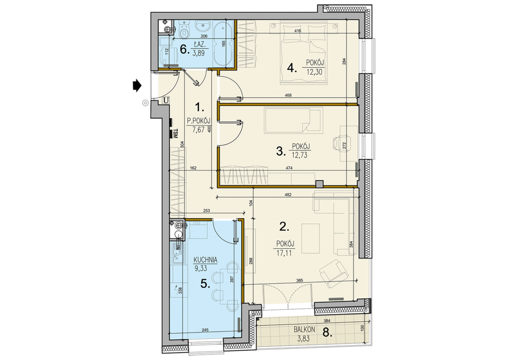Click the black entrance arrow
pyautogui.click(x=137, y=86)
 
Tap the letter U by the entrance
pyautogui.click(x=166, y=100)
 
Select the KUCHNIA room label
pyautogui.click(x=205, y=260)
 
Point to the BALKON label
pyautogui.click(x=305, y=329)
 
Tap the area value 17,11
pyautogui.click(x=284, y=253)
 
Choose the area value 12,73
pyautogui.click(x=300, y=155)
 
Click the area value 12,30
pyautogui.click(x=314, y=71)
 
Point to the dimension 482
pyautogui.click(x=288, y=195)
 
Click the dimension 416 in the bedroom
pyautogui.click(x=298, y=31)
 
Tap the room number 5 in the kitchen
pyautogui.click(x=204, y=284)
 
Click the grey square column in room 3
pyautogui.click(x=320, y=184)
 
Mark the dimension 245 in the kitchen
pyautogui.click(x=204, y=330)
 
